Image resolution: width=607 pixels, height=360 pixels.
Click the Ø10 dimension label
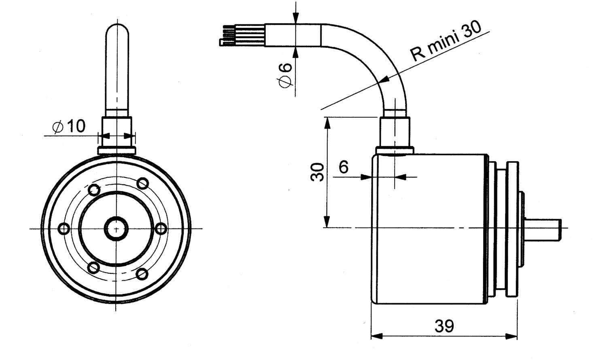click(x=69, y=126)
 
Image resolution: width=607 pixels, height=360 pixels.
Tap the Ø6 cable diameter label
click(x=285, y=75)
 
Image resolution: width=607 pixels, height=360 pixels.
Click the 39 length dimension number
click(x=444, y=326)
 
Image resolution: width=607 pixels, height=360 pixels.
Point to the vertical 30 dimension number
click(x=318, y=172)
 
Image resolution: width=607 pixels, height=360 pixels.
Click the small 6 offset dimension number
click(x=344, y=166)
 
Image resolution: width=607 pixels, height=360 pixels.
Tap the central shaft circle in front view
click(x=116, y=228)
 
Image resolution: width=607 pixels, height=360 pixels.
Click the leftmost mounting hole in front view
click(x=64, y=229)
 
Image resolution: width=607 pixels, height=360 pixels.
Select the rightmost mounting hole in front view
click(x=161, y=229)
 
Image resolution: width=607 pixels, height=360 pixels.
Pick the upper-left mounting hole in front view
click(x=94, y=190)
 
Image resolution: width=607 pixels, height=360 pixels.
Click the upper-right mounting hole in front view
click(x=142, y=183)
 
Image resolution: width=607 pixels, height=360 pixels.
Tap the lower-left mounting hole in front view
click(x=94, y=268)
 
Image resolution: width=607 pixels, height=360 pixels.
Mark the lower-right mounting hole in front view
click(x=142, y=274)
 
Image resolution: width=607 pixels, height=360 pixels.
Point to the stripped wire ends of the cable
click(x=229, y=36)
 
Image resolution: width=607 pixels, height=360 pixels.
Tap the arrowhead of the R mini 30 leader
click(x=384, y=80)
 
